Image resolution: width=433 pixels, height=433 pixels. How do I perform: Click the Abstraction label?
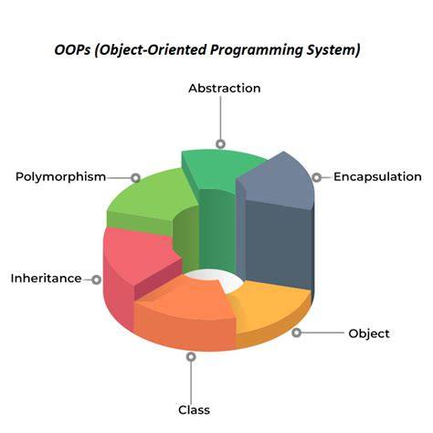click(225, 89)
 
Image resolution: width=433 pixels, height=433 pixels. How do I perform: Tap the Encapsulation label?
click(377, 176)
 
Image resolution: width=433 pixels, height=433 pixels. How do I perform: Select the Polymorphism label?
click(60, 177)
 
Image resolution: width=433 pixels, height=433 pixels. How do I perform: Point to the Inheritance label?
click(46, 279)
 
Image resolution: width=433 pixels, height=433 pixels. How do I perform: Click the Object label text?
click(369, 333)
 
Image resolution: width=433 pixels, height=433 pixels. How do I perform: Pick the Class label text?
click(194, 410)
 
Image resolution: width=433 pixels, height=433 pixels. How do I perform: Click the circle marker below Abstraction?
click(220, 143)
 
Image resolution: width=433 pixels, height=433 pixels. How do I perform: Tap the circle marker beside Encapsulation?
click(317, 177)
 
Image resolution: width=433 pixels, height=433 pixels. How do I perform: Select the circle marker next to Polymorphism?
click(135, 177)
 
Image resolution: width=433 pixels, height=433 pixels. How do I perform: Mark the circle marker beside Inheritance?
click(96, 280)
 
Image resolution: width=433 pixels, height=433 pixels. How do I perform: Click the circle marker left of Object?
click(296, 333)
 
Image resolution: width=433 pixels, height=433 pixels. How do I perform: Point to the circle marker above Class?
click(191, 356)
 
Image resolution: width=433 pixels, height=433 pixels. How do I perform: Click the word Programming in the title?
click(256, 50)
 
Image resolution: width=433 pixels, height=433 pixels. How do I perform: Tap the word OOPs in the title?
click(72, 50)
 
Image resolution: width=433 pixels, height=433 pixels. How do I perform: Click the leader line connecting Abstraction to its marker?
click(220, 118)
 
